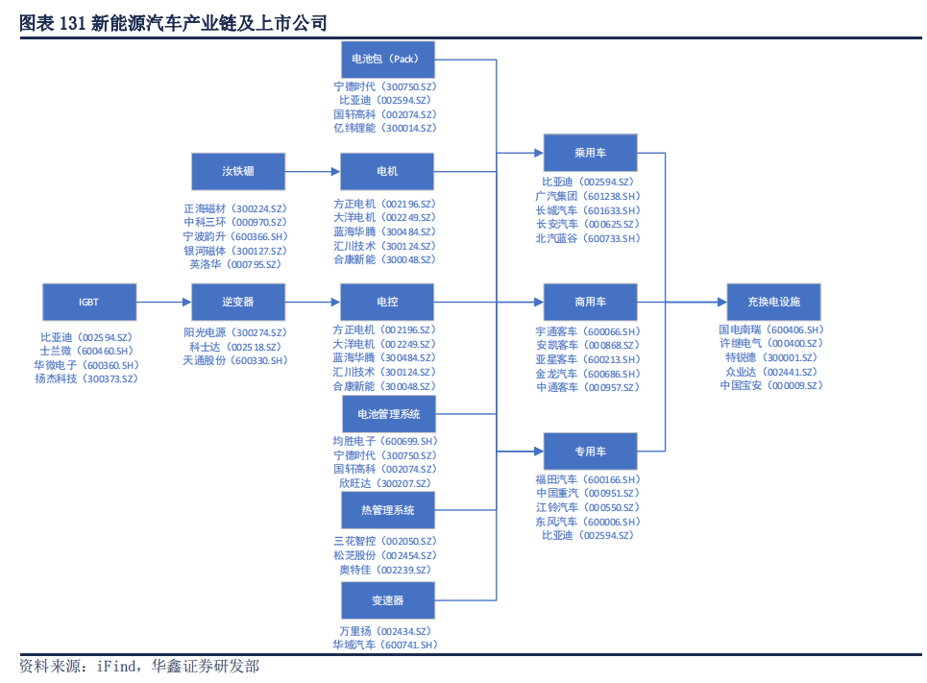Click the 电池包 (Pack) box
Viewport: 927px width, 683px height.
point(387,59)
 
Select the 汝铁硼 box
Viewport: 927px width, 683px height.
point(238,171)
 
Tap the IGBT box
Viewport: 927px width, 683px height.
point(89,302)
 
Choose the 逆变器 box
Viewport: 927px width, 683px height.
point(238,302)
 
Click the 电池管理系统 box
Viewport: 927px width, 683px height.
point(388,414)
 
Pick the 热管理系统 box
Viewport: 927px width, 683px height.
point(388,510)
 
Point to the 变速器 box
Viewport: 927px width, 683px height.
point(388,600)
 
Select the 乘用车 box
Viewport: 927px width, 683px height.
point(590,153)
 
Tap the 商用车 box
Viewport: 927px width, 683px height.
point(590,302)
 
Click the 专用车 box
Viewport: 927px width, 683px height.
point(590,451)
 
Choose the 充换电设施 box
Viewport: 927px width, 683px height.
point(773,302)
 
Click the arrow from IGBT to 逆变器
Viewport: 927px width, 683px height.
point(163,302)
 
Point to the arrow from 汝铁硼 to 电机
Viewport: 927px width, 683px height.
point(313,171)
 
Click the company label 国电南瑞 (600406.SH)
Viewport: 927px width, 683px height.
point(772,329)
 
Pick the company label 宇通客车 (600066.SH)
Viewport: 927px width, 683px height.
point(587,331)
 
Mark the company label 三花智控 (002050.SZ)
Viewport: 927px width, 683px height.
point(384,542)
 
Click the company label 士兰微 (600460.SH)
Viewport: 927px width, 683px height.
point(86,352)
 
